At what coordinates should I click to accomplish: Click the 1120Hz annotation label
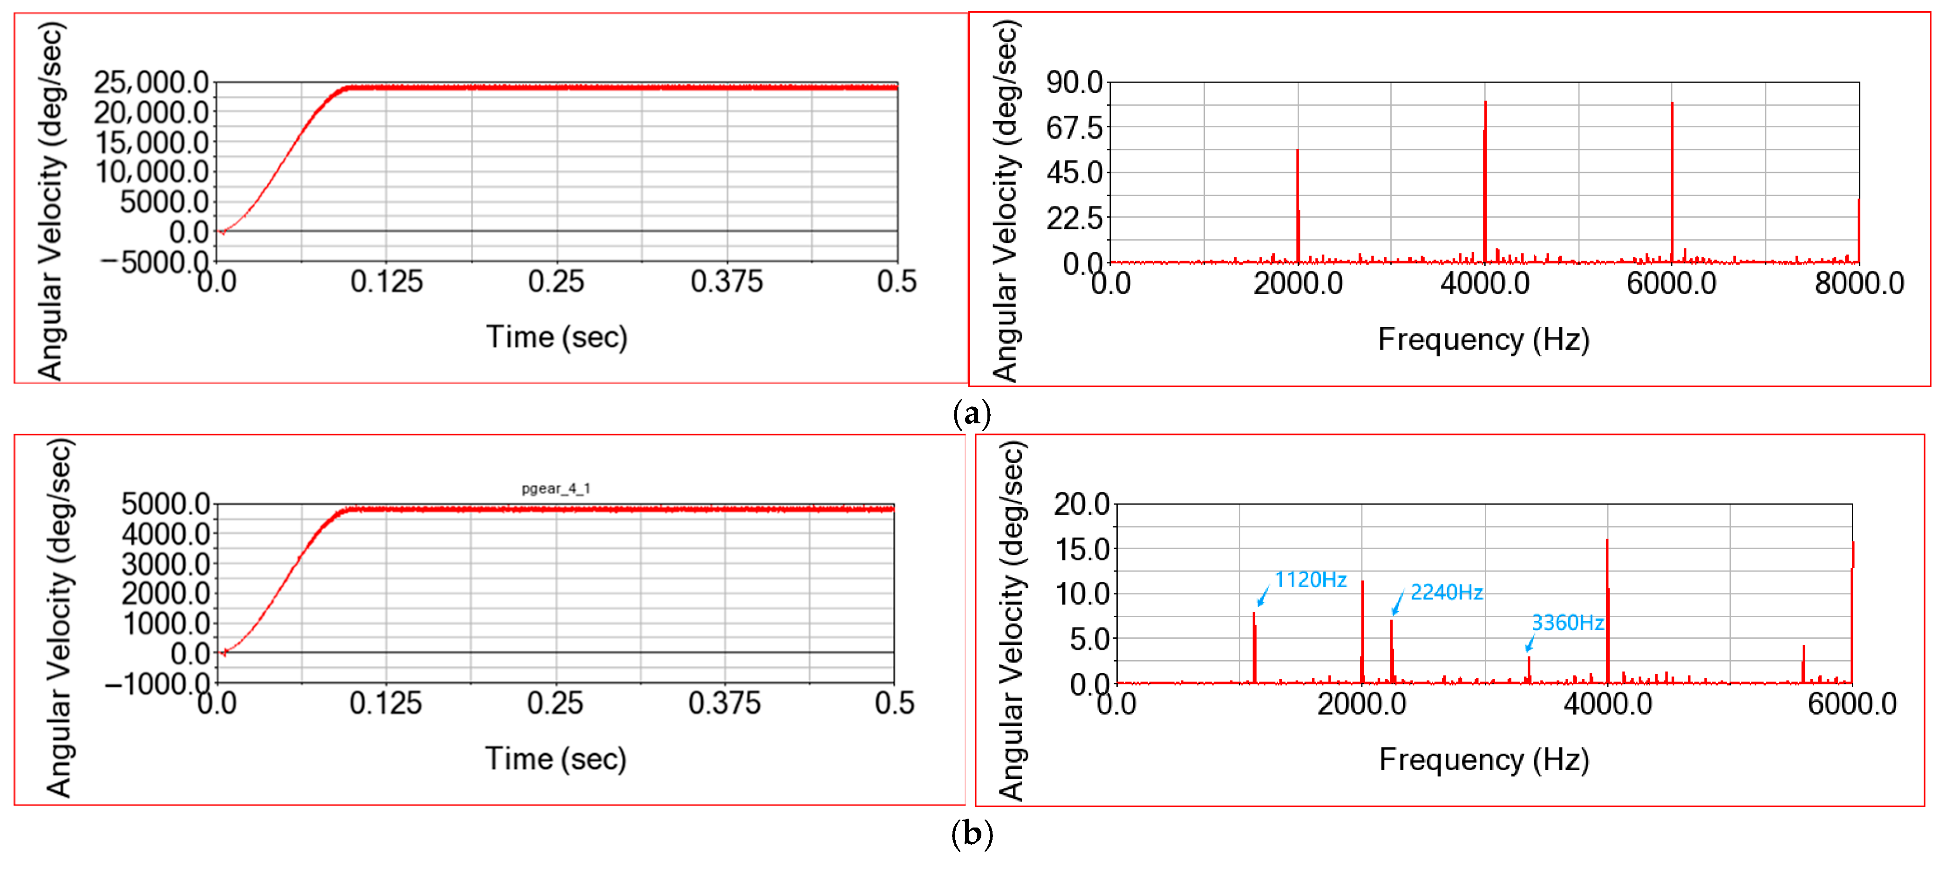(1310, 579)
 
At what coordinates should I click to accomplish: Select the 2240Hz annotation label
(1446, 593)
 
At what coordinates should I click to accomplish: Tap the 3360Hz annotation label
(1567, 623)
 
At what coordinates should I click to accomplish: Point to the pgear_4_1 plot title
(556, 488)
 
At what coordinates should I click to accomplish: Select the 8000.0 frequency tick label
(1859, 284)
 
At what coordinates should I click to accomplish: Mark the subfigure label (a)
(972, 414)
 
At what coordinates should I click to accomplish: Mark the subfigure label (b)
(972, 834)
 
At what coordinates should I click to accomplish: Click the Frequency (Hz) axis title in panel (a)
(1483, 340)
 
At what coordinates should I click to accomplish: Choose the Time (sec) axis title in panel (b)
(556, 759)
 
